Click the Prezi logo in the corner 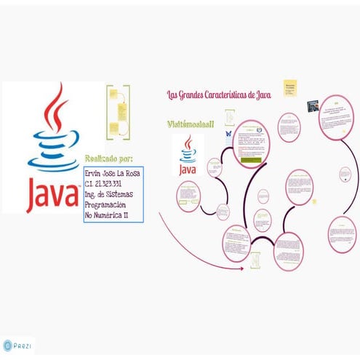point(17,346)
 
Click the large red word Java point(52,190)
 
